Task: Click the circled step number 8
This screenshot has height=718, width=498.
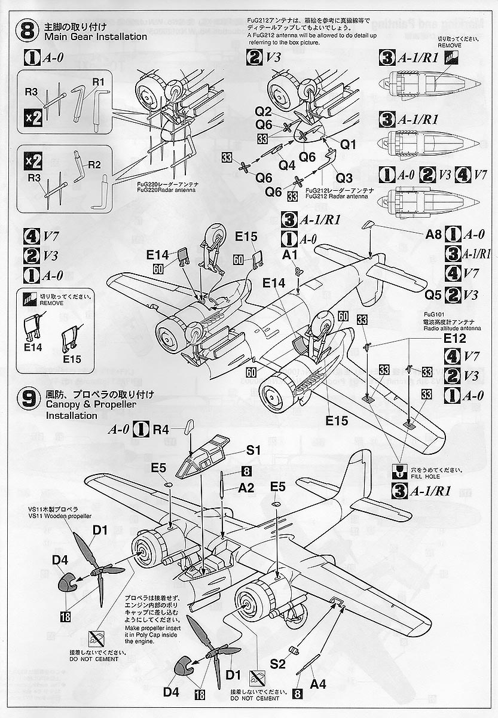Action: pyautogui.click(x=29, y=32)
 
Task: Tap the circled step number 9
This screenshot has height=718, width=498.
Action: pyautogui.click(x=29, y=399)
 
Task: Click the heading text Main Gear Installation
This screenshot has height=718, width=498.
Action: pyautogui.click(x=95, y=37)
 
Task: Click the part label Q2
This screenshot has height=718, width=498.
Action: pyautogui.click(x=264, y=112)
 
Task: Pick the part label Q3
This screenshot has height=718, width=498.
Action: pyautogui.click(x=344, y=177)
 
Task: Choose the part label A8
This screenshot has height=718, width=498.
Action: pyautogui.click(x=433, y=235)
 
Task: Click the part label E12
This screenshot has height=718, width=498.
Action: pyautogui.click(x=454, y=338)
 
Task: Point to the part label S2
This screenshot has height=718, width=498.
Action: pyautogui.click(x=277, y=662)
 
